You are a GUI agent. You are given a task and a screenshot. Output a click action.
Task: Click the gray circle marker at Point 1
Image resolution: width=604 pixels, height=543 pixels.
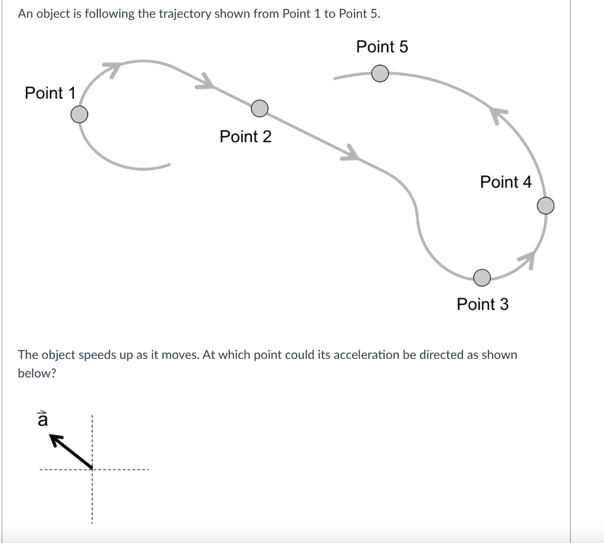[80, 114]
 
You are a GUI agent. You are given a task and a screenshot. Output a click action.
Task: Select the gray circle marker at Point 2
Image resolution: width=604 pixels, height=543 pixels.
[260, 108]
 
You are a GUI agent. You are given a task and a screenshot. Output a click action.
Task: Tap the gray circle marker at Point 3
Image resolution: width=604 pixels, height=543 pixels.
[482, 276]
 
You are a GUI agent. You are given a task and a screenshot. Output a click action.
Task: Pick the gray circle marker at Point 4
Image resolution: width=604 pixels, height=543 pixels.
[546, 205]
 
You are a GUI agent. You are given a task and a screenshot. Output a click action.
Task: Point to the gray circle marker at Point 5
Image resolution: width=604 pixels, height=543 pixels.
[380, 74]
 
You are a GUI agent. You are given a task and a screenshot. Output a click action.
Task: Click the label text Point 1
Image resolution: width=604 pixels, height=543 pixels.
[50, 93]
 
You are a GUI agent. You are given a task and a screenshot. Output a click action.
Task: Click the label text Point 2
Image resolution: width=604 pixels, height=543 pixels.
[245, 137]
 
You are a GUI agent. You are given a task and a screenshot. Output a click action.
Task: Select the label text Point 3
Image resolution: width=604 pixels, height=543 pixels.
[482, 305]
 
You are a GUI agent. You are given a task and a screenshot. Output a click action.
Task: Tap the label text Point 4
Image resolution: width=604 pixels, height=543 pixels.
[505, 182]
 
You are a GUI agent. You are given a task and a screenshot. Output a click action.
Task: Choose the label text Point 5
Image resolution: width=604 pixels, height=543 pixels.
[382, 47]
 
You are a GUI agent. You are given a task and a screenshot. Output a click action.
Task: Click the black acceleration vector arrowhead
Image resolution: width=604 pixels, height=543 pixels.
[55, 440]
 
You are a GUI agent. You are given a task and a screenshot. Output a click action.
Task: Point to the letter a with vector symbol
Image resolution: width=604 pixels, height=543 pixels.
[42, 420]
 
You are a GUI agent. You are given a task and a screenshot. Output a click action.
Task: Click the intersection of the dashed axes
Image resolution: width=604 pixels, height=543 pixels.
[92, 470]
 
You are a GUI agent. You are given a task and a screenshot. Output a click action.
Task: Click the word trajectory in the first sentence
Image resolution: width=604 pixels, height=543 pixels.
[185, 14]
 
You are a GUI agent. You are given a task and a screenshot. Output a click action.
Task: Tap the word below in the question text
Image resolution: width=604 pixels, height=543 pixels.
[37, 374]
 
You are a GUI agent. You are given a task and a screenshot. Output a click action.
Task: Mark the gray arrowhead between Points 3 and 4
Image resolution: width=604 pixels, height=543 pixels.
[527, 259]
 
